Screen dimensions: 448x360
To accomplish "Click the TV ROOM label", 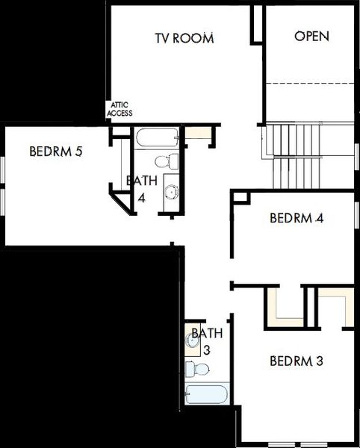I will (x=184, y=37).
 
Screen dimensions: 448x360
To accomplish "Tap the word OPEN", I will (x=311, y=36).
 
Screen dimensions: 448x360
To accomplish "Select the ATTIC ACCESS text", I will (x=120, y=110).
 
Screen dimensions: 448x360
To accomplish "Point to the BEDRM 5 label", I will (x=55, y=152).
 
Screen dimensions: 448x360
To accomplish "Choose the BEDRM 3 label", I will (x=296, y=361).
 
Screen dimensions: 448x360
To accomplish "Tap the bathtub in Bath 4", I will (x=158, y=138).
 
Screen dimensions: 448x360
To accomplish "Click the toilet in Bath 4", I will (x=167, y=161).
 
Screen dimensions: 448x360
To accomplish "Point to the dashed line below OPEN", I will (x=309, y=82).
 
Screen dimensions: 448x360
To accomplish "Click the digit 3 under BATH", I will (x=207, y=349).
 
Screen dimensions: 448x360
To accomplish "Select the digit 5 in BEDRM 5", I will (x=78, y=152).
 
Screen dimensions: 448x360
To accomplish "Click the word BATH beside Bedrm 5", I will (x=142, y=181).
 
